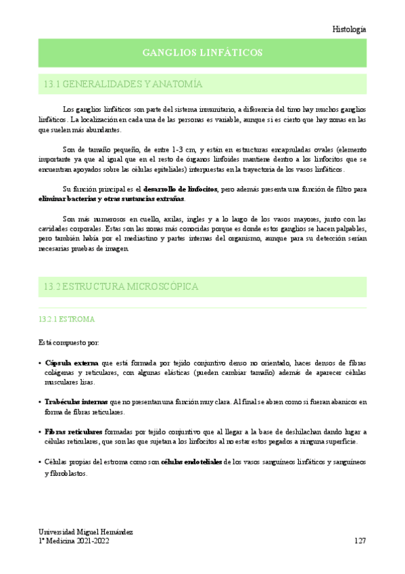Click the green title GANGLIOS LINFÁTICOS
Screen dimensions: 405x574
(202, 53)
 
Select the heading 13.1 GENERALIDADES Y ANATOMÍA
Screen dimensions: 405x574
(123, 85)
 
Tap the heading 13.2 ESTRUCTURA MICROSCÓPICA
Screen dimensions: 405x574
(121, 286)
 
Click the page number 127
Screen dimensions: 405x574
(360, 542)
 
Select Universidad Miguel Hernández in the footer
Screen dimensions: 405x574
(85, 532)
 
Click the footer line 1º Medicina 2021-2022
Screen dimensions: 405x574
(73, 542)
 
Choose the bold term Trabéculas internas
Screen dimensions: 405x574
(76, 401)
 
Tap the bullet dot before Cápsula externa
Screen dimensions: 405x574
(40, 363)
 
